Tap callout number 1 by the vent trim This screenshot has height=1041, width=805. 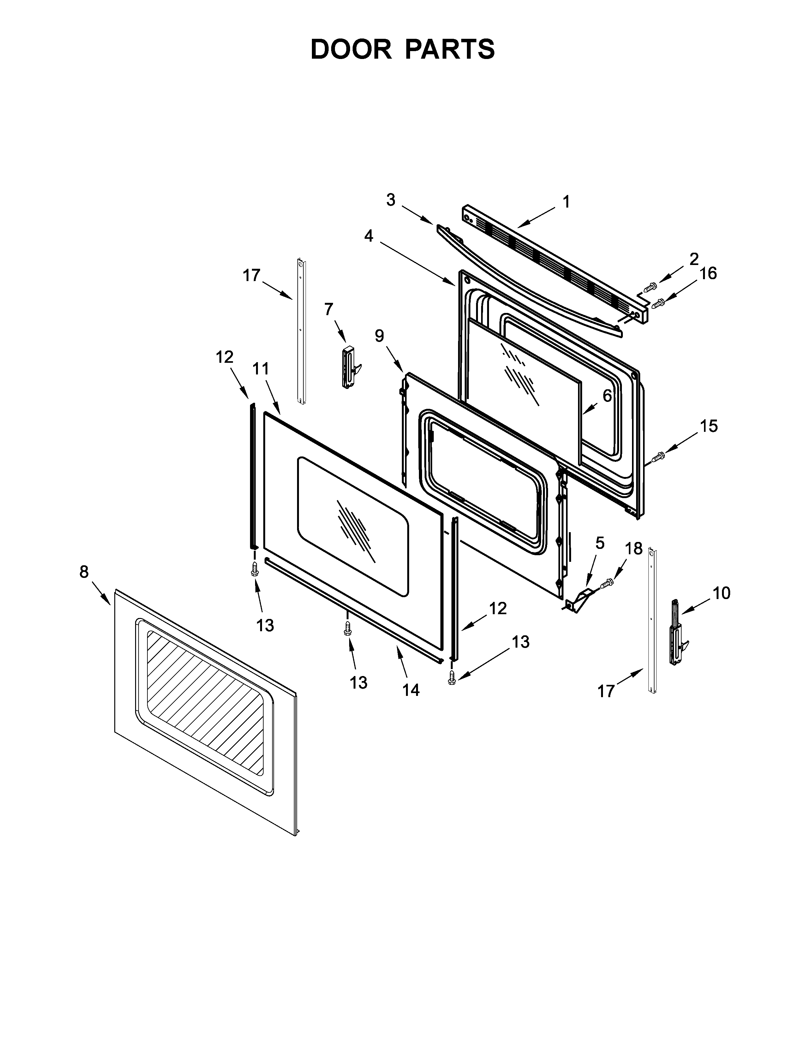click(x=566, y=202)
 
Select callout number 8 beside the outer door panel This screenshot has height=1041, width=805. click(x=84, y=572)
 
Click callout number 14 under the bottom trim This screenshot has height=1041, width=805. click(x=411, y=689)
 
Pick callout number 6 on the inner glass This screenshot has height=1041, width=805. click(x=607, y=395)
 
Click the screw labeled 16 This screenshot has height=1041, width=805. click(x=659, y=302)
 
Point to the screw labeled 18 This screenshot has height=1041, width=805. click(x=608, y=582)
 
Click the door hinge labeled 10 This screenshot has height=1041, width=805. click(x=676, y=634)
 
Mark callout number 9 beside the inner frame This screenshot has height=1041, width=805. click(x=379, y=336)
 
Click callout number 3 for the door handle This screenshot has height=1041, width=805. click(x=391, y=200)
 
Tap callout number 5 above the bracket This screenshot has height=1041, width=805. click(x=599, y=543)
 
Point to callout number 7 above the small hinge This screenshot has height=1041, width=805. click(x=329, y=309)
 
